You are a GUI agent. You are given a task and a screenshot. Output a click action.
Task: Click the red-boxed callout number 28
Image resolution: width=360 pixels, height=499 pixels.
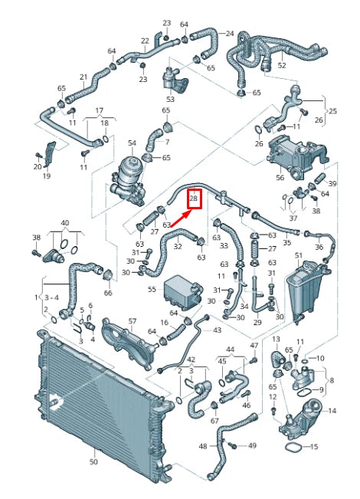[194, 199]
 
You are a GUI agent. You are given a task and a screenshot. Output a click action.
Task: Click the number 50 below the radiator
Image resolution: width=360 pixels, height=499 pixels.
[93, 462]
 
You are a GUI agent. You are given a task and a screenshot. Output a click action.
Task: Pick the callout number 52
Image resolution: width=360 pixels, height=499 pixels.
[282, 66]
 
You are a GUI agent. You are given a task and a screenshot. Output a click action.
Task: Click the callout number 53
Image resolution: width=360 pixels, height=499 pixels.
[170, 99]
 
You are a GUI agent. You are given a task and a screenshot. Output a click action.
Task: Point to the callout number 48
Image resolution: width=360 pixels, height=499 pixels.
[203, 445]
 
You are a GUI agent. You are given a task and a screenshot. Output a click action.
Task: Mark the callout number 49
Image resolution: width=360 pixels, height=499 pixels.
[252, 445]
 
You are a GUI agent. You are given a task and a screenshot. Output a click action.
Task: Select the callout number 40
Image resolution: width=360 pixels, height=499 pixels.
[64, 224]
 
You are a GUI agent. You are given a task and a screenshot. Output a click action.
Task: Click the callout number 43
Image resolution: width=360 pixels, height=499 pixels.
[217, 330]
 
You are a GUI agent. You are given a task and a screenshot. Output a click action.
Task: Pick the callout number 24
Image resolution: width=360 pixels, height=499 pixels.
[230, 34]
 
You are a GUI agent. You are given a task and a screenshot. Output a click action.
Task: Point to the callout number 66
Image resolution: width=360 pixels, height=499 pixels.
[107, 293]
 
